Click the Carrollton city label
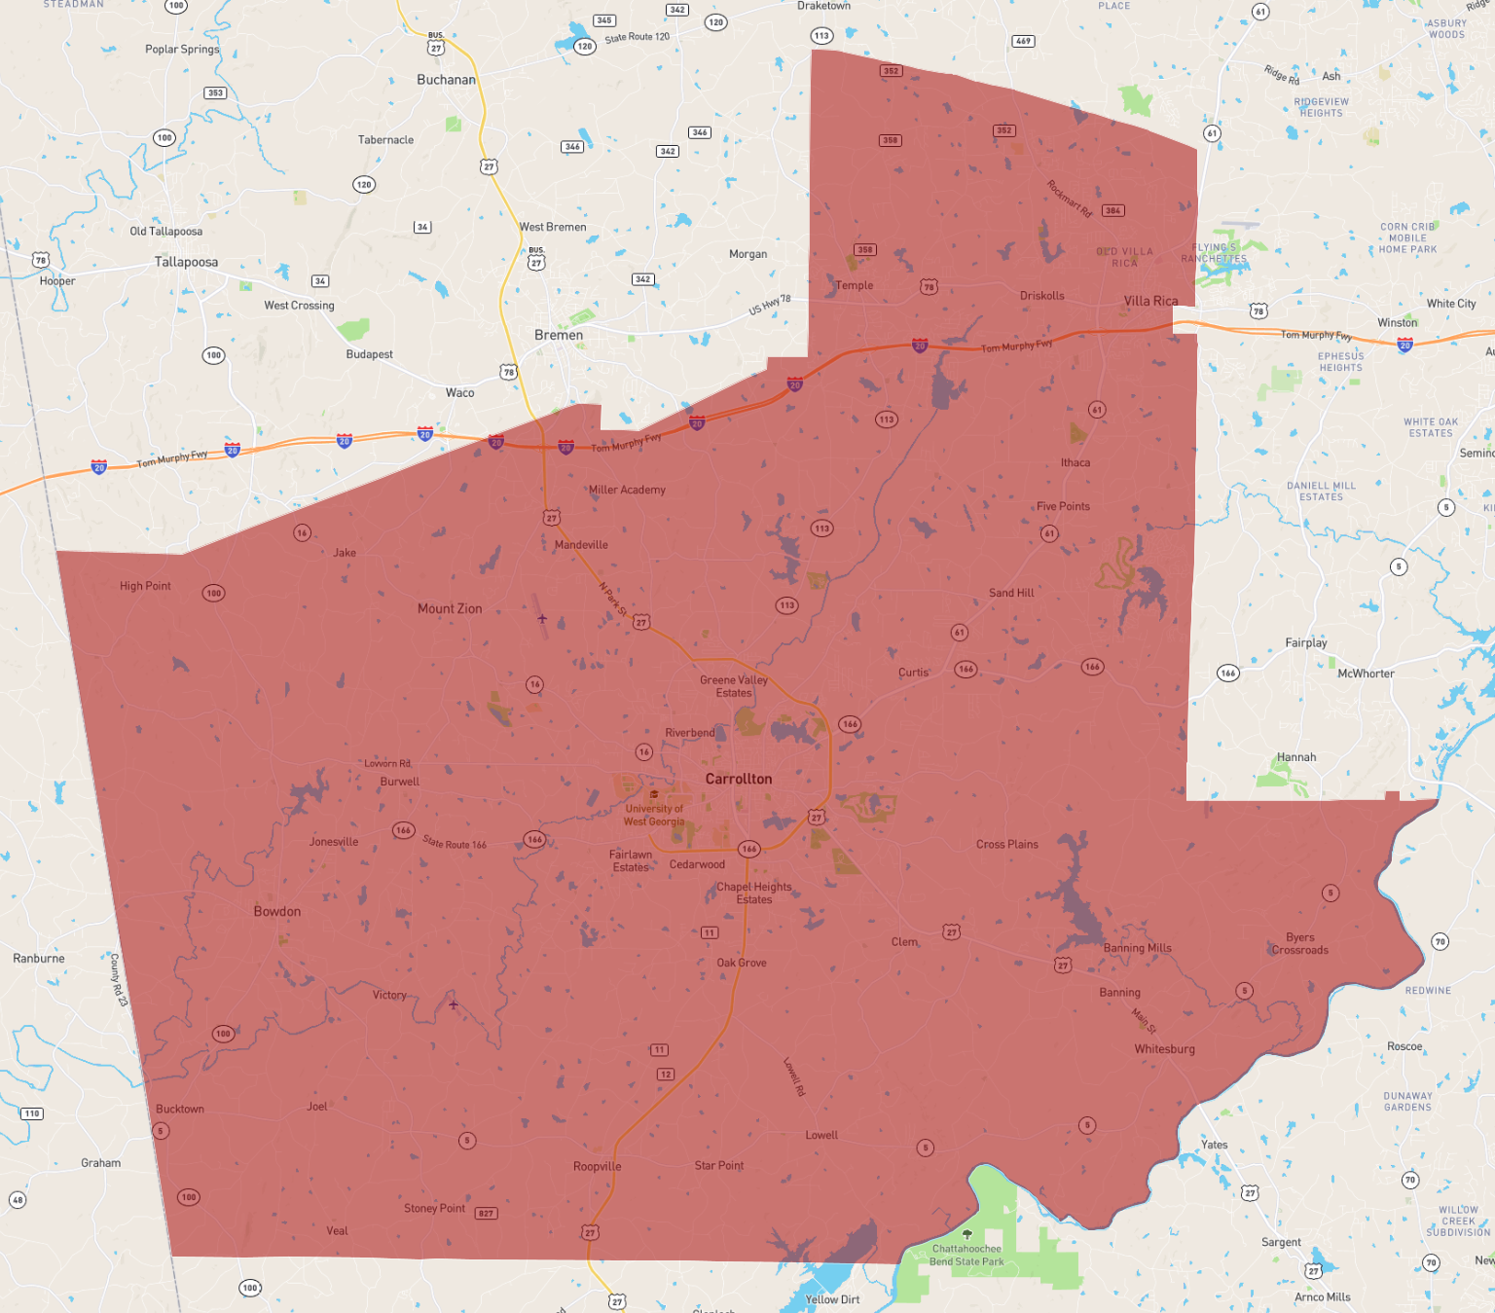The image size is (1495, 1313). click(739, 779)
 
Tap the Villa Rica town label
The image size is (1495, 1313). click(1150, 301)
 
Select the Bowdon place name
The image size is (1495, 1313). click(277, 911)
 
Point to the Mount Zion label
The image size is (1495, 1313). click(450, 608)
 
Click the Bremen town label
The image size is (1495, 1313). click(559, 335)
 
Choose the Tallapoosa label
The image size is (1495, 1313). click(186, 262)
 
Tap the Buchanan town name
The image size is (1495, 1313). click(446, 80)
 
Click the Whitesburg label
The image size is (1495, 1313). click(1164, 1049)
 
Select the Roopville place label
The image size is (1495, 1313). click(597, 1166)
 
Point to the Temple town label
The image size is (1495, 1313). click(854, 285)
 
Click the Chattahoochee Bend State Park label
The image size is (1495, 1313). click(966, 1255)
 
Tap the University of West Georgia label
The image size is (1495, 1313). click(654, 815)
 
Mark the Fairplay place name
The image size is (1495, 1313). click(1305, 642)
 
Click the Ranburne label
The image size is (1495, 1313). click(39, 959)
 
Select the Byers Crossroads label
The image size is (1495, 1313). click(1299, 944)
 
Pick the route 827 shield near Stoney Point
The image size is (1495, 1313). click(486, 1214)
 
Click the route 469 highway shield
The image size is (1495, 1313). click(1023, 41)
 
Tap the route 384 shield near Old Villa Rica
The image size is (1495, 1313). click(1112, 210)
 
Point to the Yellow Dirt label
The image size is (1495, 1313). click(832, 1299)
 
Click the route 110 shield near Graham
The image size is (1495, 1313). click(32, 1113)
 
